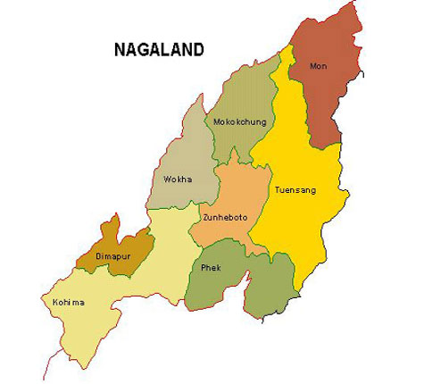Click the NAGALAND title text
tap(159, 49)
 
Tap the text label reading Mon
tap(318, 66)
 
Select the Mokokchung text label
tap(237, 122)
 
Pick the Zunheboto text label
tap(226, 218)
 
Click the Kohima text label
tap(69, 302)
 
